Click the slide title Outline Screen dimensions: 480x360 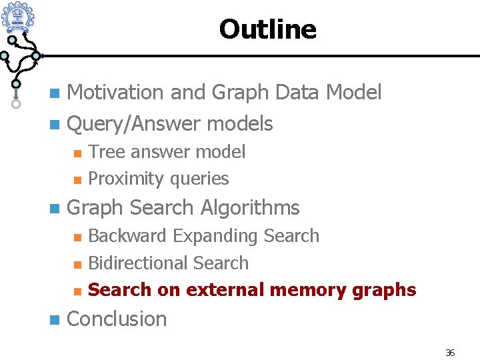267,29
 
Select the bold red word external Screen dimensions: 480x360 225,290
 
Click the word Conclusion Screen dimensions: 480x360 117,319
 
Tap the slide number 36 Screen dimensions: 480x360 450,353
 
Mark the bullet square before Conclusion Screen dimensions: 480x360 54,319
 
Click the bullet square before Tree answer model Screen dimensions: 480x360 77,153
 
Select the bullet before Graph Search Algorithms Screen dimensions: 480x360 54,208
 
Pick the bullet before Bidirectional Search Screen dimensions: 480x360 77,264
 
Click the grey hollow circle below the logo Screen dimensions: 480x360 16,104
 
